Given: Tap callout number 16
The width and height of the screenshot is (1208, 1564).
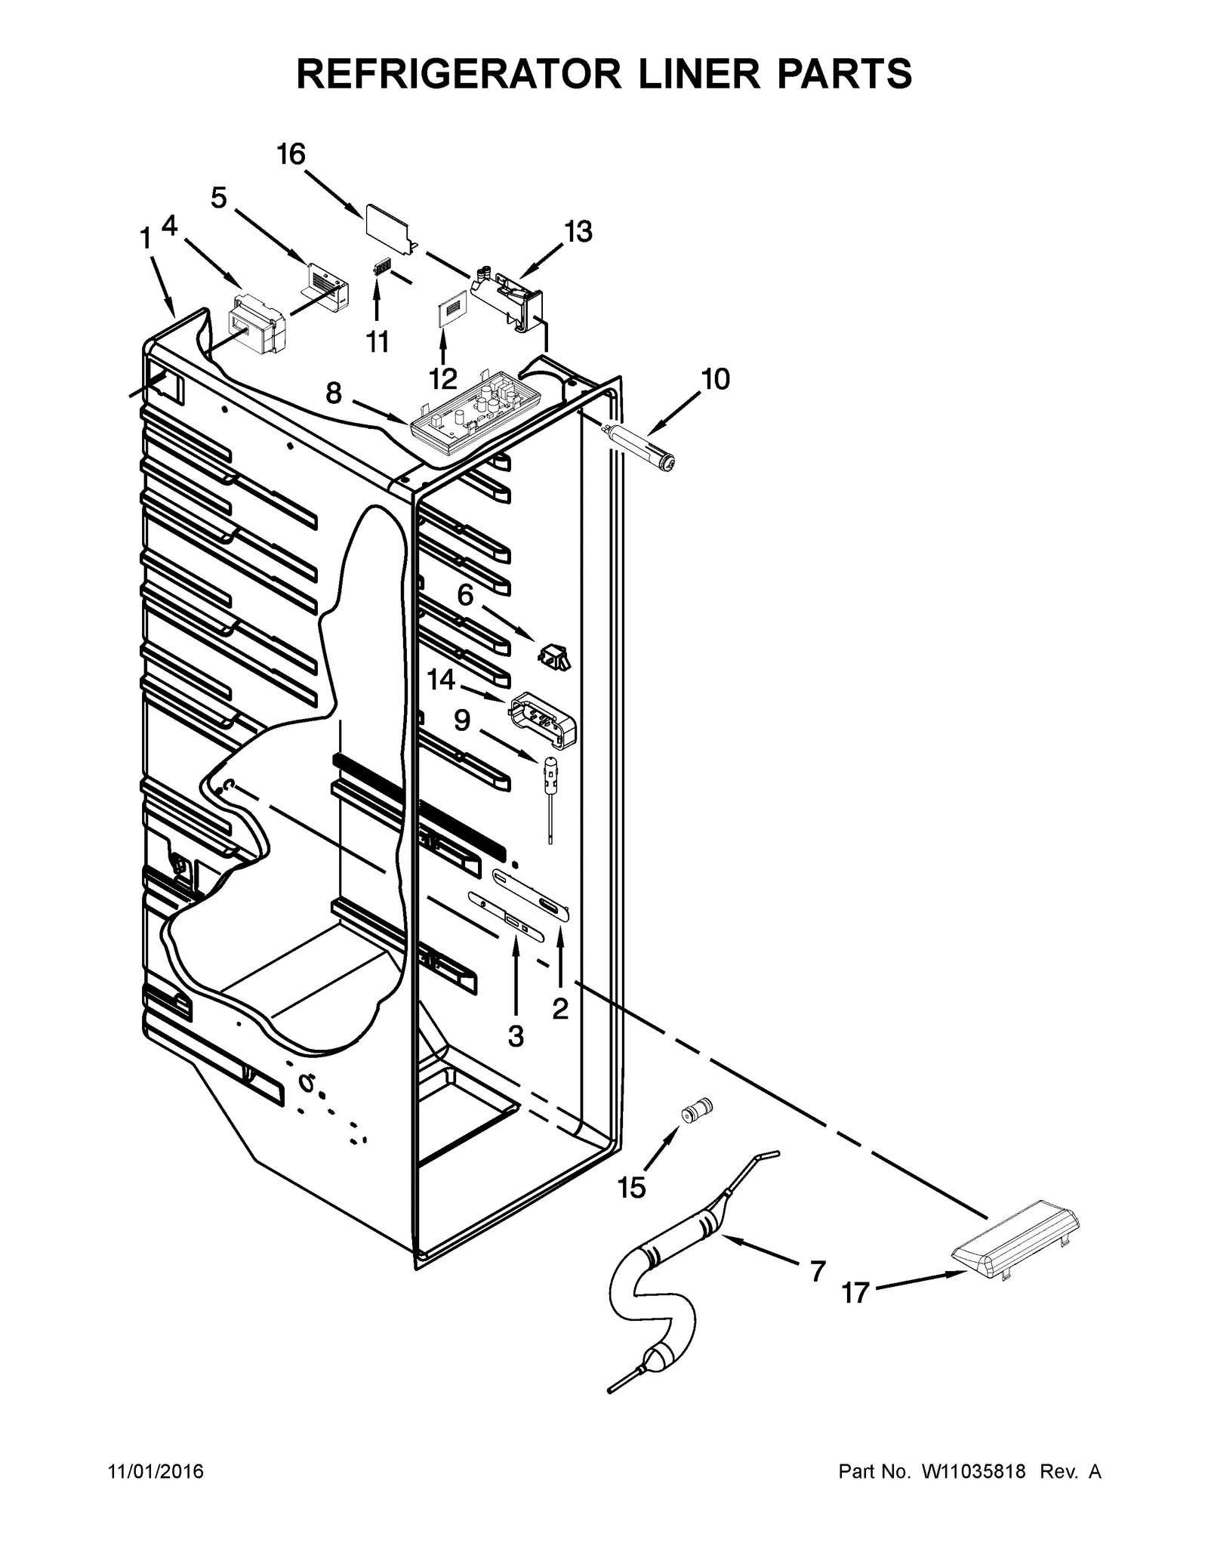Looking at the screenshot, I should coord(291,155).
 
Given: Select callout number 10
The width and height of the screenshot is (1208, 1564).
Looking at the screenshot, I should coord(715,379).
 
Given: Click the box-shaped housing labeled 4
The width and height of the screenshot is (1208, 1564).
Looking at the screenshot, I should coord(257,326).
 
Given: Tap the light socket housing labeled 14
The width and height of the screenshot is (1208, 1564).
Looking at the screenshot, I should coord(544,717).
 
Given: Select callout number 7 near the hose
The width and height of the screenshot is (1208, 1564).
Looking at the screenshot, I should coord(818,1272).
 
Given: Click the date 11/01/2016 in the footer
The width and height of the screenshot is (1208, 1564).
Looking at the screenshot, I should coord(156,1472).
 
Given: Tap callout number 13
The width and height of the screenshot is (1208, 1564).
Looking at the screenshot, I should coord(578,233).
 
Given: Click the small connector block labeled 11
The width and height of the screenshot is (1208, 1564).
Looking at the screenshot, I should coord(384,269).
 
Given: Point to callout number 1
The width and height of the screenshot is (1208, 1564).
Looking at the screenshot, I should coord(145,240).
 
